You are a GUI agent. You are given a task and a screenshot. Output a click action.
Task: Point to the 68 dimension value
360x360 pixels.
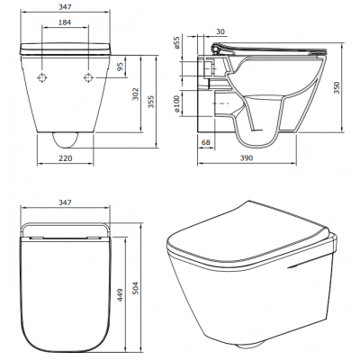click(206, 143)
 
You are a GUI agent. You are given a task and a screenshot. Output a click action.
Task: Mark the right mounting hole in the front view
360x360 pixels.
click(87, 78)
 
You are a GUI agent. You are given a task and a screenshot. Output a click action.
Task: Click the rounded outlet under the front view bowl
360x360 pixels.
click(65, 140)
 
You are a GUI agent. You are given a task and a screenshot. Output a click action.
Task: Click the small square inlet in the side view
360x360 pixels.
click(208, 67)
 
